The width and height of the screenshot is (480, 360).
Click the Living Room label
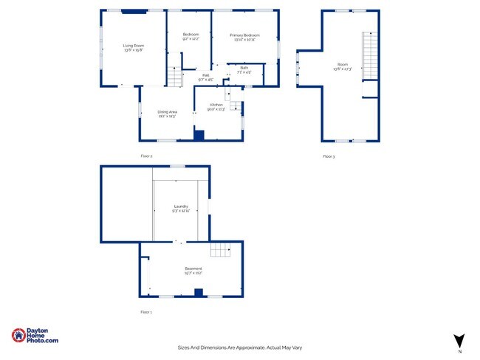[x=134, y=46]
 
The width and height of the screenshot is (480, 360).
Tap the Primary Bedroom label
[x=244, y=35]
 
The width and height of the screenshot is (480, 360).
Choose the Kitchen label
[x=216, y=105]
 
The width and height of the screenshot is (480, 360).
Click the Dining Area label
[x=167, y=112]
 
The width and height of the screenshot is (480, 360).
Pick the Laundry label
[x=181, y=207]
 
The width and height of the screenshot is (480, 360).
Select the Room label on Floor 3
[x=342, y=65]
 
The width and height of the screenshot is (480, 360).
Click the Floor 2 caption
[x=146, y=156]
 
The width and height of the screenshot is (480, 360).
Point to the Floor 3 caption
[x=329, y=156]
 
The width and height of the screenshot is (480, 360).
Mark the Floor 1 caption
[x=146, y=313]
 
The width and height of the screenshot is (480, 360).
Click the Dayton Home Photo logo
[x=35, y=335]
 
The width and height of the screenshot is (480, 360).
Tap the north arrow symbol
[x=459, y=341]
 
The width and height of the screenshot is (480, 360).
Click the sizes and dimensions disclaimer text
[x=240, y=347]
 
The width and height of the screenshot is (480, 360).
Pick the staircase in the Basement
[x=221, y=251]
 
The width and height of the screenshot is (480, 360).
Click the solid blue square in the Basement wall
[x=198, y=292]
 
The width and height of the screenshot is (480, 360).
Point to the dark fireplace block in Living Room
[x=134, y=11]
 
